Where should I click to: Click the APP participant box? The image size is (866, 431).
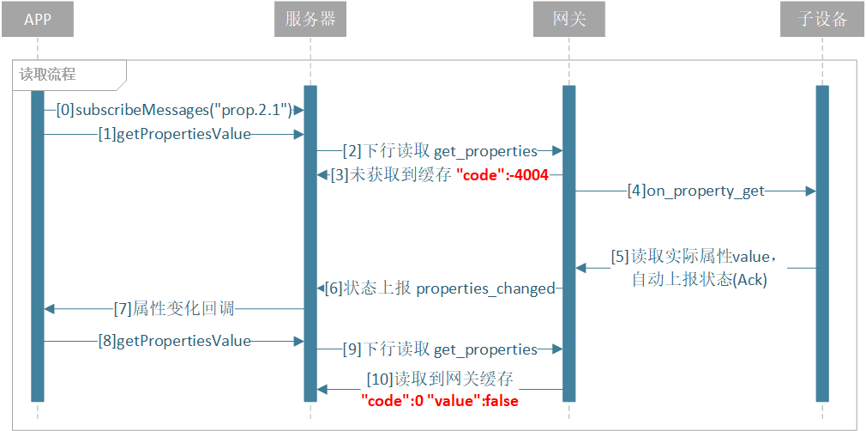[x=38, y=20]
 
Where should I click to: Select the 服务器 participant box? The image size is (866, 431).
[x=310, y=20]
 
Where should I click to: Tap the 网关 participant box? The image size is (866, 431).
[x=568, y=20]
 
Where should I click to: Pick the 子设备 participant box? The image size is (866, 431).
[x=821, y=20]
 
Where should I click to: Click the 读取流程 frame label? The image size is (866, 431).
[x=47, y=75]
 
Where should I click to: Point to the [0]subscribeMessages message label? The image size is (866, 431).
[x=174, y=111]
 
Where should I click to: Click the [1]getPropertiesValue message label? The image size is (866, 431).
[x=175, y=135]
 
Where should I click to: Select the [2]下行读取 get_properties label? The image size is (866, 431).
[x=440, y=150]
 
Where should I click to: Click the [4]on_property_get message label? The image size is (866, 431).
[x=695, y=191]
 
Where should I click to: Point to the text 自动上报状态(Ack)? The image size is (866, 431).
[x=698, y=280]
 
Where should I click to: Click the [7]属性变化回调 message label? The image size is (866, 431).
[x=174, y=309]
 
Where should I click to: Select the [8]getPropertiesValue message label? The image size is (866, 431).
[x=175, y=341]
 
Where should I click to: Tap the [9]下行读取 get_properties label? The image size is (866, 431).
[x=440, y=349]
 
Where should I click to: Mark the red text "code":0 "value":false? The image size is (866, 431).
[x=440, y=401]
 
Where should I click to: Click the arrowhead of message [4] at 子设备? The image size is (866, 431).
[x=810, y=191]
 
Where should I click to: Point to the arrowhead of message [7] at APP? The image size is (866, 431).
[x=50, y=309]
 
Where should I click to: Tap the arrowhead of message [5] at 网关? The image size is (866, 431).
[x=581, y=269]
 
